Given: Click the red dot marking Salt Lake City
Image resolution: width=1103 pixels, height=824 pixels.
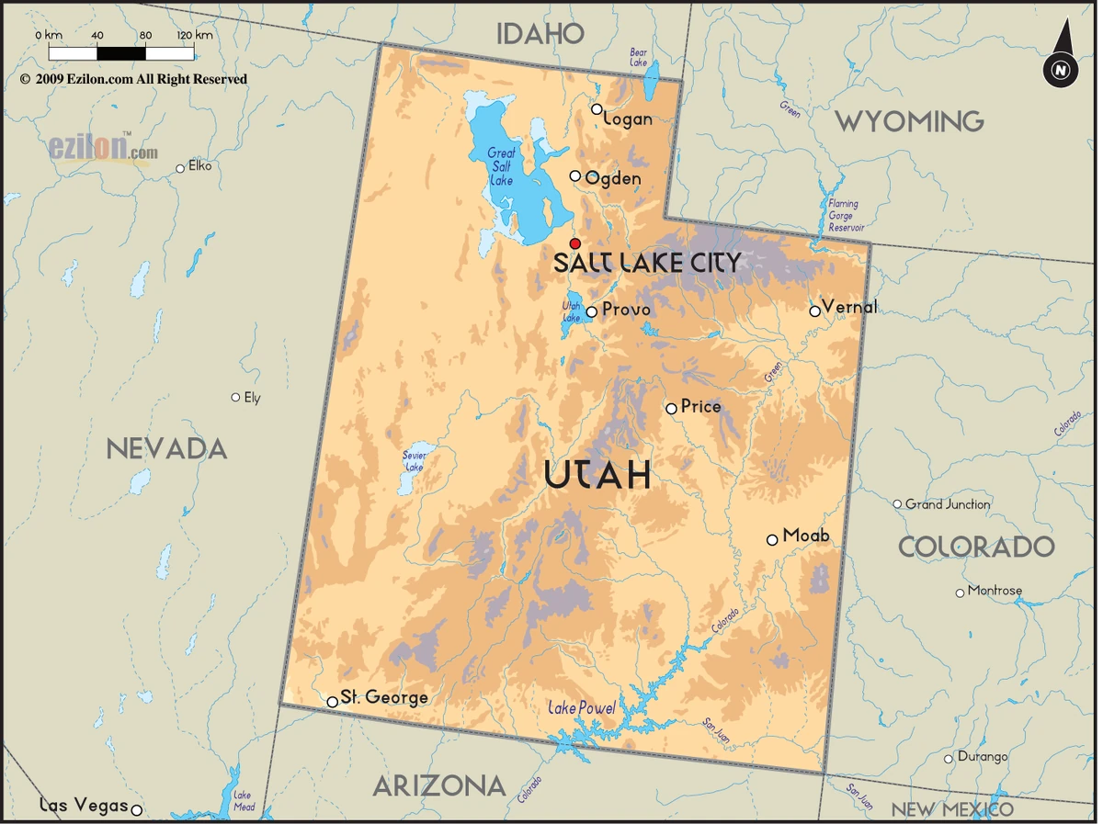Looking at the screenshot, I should [575, 243].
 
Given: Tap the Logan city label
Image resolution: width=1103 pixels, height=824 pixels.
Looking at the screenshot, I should [629, 119].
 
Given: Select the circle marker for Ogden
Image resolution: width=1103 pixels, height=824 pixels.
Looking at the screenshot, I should [575, 176].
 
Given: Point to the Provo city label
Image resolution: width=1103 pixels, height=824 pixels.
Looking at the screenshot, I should [626, 310].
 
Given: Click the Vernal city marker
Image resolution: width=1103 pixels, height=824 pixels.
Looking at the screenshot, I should [814, 311].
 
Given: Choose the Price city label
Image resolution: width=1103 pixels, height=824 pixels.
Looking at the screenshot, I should [700, 407].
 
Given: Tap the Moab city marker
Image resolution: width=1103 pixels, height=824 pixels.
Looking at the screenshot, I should [772, 540].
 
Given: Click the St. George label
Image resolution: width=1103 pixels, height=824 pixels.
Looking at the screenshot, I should [384, 698].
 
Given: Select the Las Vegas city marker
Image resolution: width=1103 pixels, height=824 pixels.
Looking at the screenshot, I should [137, 809].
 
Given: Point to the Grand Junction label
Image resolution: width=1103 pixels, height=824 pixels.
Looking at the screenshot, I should [948, 504].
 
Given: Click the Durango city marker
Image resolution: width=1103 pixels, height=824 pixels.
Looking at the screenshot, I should [949, 759].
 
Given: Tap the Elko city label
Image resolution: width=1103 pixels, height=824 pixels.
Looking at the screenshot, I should [199, 166].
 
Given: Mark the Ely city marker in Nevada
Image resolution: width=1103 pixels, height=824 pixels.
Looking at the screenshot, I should [235, 398].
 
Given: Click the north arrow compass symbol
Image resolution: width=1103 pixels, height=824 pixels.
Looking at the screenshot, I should [1061, 57].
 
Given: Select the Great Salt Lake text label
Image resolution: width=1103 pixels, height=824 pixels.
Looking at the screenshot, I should [501, 166].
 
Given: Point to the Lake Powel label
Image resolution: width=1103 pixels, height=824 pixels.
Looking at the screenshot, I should [582, 708].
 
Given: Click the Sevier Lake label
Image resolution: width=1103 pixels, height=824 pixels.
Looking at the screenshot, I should [414, 461].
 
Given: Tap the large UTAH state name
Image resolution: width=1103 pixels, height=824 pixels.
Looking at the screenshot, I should [597, 475].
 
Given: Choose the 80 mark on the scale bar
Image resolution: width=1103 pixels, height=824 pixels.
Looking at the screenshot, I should [145, 35].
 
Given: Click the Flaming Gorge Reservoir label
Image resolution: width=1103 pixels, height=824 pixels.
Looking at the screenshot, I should [845, 216].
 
